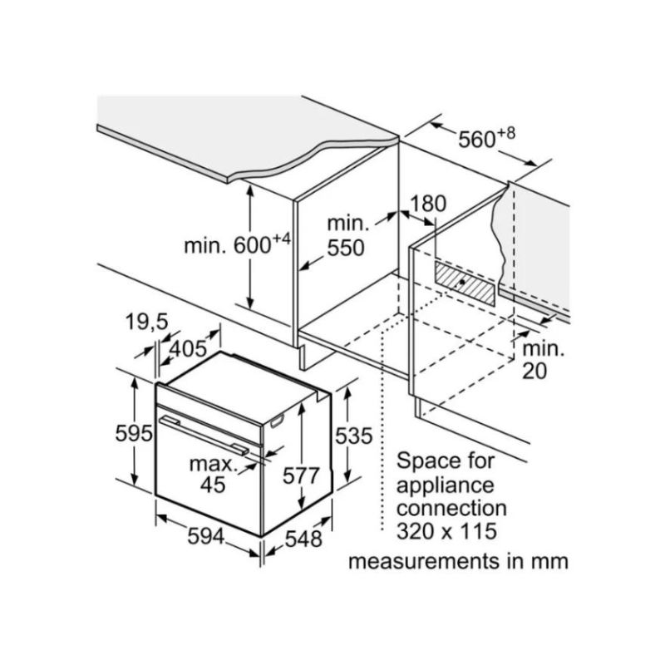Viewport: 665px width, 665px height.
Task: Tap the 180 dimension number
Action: pyautogui.click(x=428, y=204)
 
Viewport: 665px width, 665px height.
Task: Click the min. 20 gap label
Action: pyautogui.click(x=543, y=359)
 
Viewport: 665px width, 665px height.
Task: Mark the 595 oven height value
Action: pyautogui.click(x=133, y=433)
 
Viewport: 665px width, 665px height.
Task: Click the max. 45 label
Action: pyautogui.click(x=209, y=472)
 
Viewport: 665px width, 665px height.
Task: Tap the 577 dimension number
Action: pyautogui.click(x=301, y=476)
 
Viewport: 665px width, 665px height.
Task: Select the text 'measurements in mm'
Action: pyautogui.click(x=458, y=561)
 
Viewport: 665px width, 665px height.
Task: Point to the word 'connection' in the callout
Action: pyautogui.click(x=451, y=506)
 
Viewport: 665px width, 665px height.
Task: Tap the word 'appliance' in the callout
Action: pyautogui.click(x=445, y=484)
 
